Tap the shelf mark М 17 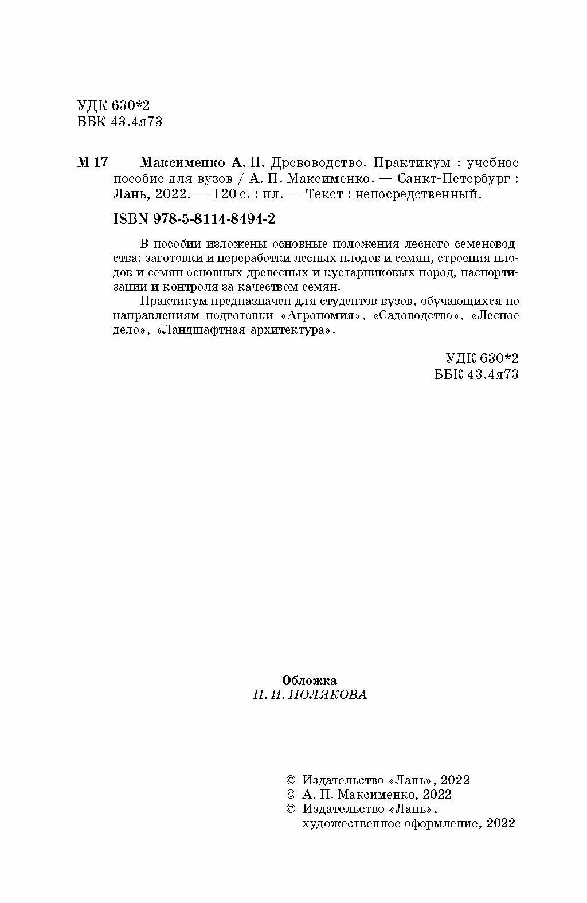92,162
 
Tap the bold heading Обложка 310,680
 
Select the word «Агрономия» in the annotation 323,316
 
